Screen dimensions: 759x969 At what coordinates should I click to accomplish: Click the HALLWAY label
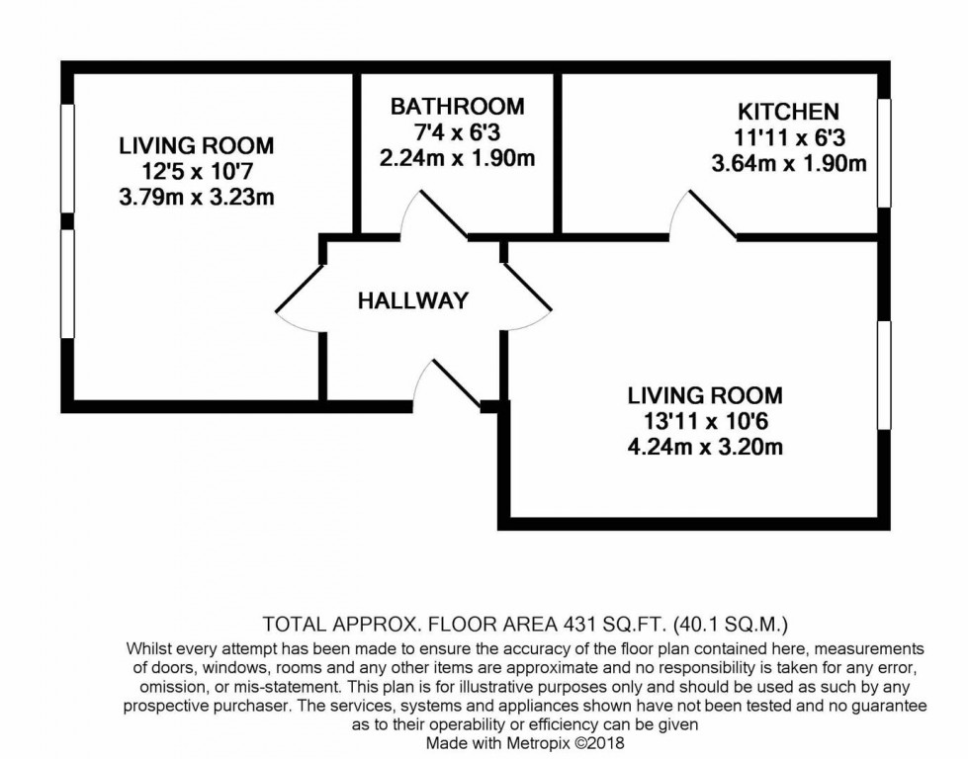coord(412,301)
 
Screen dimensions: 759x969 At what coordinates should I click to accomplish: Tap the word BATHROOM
coord(457,107)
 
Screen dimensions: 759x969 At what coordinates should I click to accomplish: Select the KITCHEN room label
coord(788,112)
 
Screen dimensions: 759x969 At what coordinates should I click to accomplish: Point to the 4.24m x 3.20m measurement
coord(705,448)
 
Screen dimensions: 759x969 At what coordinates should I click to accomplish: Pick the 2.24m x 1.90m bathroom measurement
coord(457,158)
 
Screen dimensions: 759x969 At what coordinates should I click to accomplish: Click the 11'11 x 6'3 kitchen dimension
coord(788,138)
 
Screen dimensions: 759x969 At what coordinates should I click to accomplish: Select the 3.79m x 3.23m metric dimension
coord(196,198)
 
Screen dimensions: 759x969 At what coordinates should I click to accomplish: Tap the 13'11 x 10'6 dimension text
coord(705,422)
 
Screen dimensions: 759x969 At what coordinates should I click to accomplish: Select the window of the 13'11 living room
coord(883,375)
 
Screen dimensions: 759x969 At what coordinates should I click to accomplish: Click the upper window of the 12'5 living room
coord(67,157)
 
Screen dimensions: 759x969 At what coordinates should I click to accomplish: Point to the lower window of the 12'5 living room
coord(67,284)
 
